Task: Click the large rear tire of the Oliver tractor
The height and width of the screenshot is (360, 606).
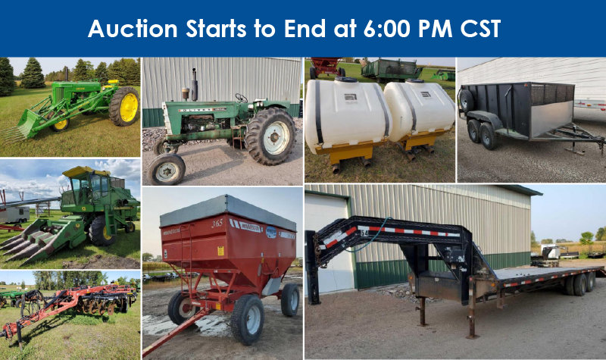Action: coord(270,136)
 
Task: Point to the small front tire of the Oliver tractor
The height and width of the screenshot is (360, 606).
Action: coord(166,169)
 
